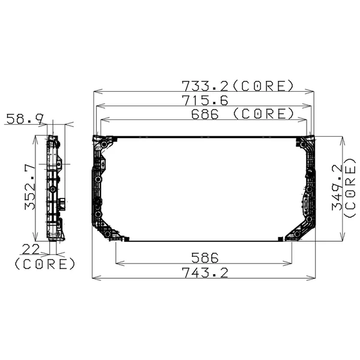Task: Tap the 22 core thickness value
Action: click(x=32, y=249)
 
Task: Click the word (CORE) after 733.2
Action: click(x=265, y=85)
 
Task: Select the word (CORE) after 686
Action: click(x=263, y=113)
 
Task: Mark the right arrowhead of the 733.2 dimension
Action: click(x=311, y=91)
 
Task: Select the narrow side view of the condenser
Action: click(x=55, y=188)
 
